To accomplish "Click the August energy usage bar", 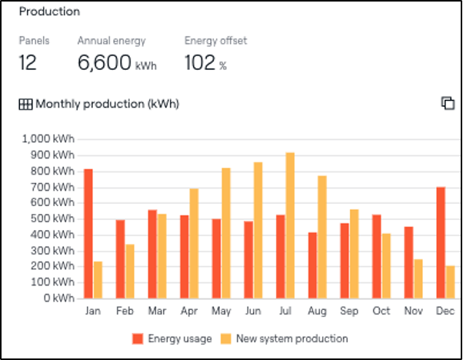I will tap(312, 265).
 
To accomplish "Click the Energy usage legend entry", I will tap(172, 338).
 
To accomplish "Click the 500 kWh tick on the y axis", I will tap(54, 218).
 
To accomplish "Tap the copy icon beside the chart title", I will tap(448, 104).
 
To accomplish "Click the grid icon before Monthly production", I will tap(25, 104).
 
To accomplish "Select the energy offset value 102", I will tap(200, 63).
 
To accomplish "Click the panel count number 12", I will tap(28, 63).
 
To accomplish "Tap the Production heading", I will tap(49, 12).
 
